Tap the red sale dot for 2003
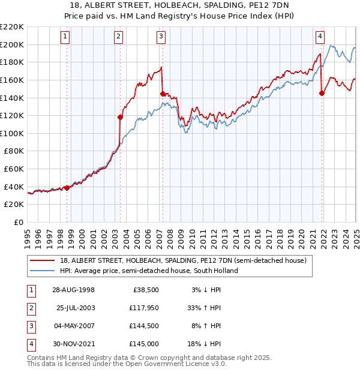[x=121, y=117]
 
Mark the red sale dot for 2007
[x=163, y=94]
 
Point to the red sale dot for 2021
[x=322, y=93]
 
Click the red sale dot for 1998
[x=67, y=188]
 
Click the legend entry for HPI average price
[x=149, y=270]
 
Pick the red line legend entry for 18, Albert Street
[x=183, y=260]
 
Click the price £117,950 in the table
[x=145, y=308]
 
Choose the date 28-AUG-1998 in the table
[x=74, y=290]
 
